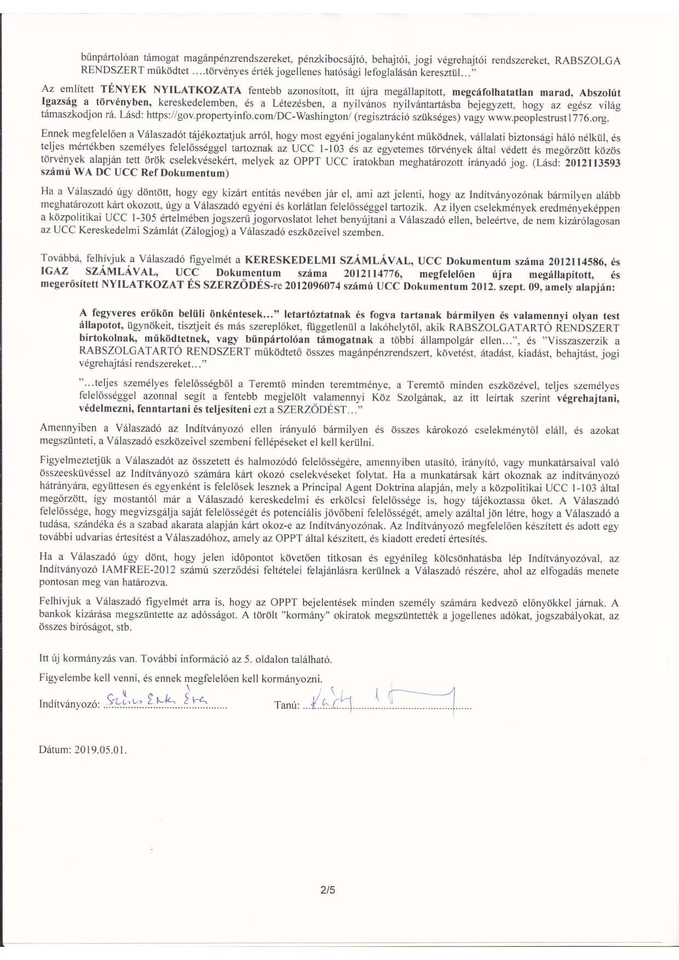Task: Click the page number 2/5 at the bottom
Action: click(x=328, y=890)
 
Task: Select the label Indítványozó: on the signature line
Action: click(x=69, y=704)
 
